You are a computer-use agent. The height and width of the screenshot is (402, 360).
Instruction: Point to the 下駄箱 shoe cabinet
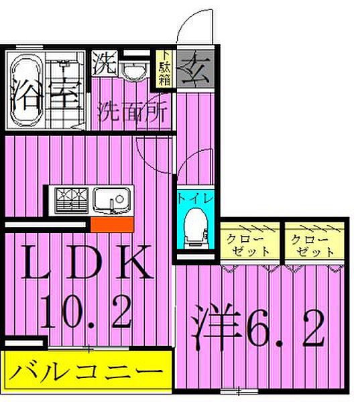click(164, 69)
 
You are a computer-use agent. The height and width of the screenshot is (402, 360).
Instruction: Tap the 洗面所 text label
click(132, 110)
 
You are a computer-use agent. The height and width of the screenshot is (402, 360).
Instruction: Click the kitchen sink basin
click(112, 200)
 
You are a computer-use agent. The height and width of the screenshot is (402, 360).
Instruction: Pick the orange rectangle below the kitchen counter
click(111, 224)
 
